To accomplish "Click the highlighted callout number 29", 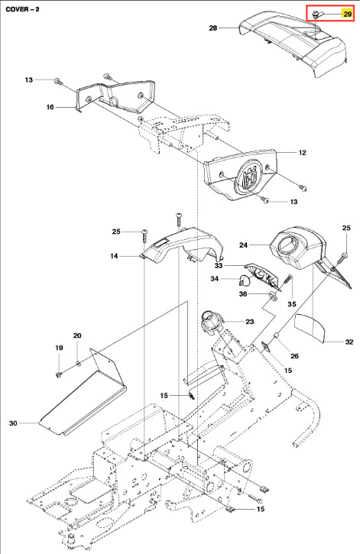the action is (x=347, y=14).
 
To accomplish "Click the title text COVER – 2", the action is (x=23, y=9).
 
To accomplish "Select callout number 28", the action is (x=213, y=28).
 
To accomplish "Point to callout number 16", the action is (x=50, y=107).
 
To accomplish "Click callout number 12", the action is (x=303, y=153).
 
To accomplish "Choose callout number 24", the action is (x=243, y=245).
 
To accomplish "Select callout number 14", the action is (x=114, y=256).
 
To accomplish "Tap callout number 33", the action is (x=219, y=265).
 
